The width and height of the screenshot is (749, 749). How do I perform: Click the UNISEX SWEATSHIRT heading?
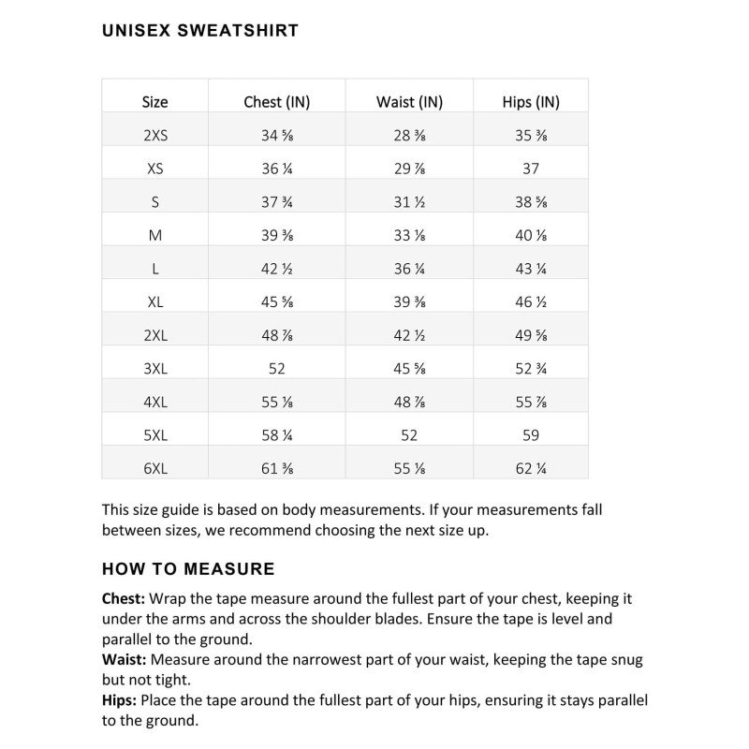click(199, 31)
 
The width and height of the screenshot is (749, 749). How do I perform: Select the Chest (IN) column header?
click(276, 102)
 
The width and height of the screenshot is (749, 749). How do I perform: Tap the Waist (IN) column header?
click(409, 102)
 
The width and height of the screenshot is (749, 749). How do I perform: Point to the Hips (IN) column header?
click(530, 102)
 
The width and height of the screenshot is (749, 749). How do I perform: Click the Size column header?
click(155, 102)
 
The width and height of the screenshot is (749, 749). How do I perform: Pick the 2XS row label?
click(155, 136)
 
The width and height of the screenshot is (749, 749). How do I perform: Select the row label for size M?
click(155, 236)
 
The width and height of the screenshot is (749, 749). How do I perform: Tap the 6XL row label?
click(155, 469)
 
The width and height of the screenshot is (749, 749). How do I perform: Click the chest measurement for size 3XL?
click(276, 369)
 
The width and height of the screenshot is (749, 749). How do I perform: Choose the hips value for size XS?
click(530, 169)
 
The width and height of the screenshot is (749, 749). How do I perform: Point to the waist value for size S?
click(409, 202)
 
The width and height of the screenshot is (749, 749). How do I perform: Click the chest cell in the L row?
click(276, 269)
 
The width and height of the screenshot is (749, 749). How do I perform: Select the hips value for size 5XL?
click(530, 435)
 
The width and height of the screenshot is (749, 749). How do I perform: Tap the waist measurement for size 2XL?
click(409, 335)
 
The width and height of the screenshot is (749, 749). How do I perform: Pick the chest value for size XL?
click(276, 302)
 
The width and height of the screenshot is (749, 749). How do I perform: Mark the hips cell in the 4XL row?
click(530, 403)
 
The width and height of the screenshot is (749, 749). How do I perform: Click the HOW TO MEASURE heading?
click(188, 569)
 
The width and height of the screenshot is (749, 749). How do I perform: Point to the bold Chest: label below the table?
click(124, 598)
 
